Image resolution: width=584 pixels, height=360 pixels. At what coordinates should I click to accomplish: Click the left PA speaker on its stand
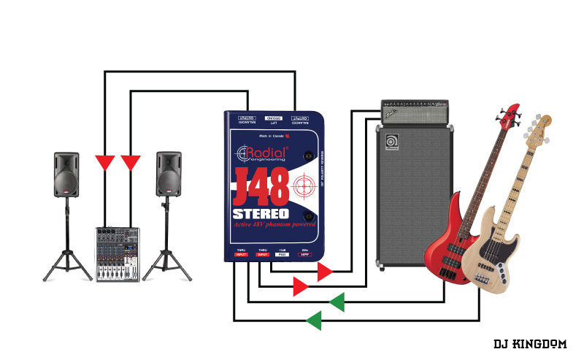pos(66,174)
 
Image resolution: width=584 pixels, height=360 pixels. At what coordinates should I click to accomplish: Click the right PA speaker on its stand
pos(169,174)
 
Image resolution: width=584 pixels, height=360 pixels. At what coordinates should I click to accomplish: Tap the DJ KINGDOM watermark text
pos(529,343)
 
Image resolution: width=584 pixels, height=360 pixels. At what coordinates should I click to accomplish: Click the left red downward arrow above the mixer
pos(105,162)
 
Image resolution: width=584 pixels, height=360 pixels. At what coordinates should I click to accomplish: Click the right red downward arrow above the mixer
pos(131,162)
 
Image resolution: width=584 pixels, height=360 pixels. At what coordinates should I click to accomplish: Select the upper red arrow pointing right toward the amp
pos(325,272)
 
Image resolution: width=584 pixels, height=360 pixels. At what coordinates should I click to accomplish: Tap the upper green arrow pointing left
pos(337,302)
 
